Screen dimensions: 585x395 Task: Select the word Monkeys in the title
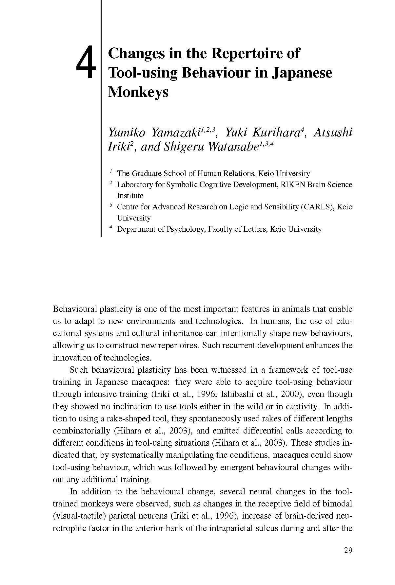138,92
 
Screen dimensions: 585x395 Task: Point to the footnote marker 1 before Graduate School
111,171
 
